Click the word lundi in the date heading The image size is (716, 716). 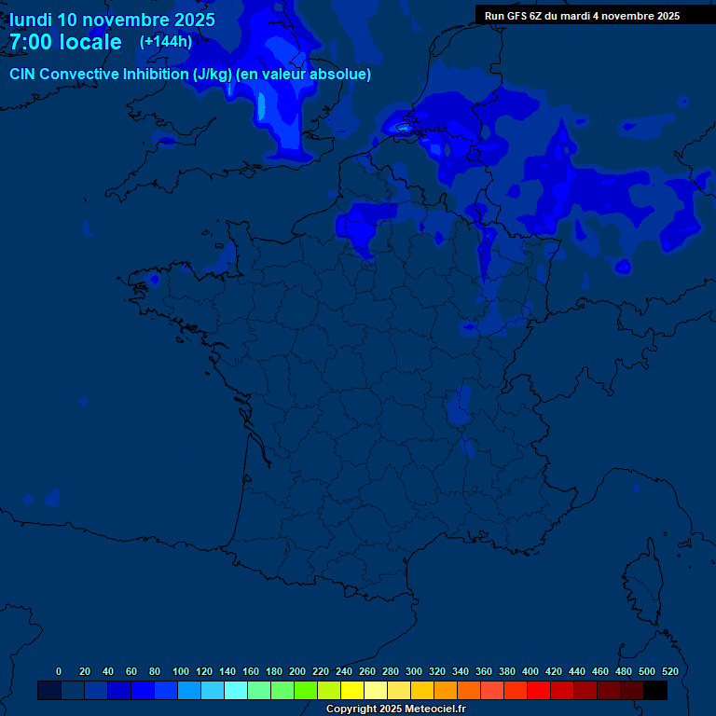(30, 20)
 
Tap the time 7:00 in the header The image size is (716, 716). (34, 42)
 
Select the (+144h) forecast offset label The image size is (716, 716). (166, 41)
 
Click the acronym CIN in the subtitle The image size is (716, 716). (23, 75)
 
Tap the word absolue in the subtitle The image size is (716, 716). (340, 75)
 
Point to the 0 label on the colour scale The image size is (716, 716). (59, 671)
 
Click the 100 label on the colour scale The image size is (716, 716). (181, 671)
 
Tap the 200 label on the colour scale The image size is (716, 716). (297, 671)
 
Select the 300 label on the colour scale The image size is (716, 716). (414, 671)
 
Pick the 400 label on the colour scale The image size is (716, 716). (530, 671)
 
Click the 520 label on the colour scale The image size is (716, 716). (669, 671)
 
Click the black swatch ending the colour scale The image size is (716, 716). (655, 690)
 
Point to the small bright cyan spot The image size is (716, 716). (404, 128)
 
